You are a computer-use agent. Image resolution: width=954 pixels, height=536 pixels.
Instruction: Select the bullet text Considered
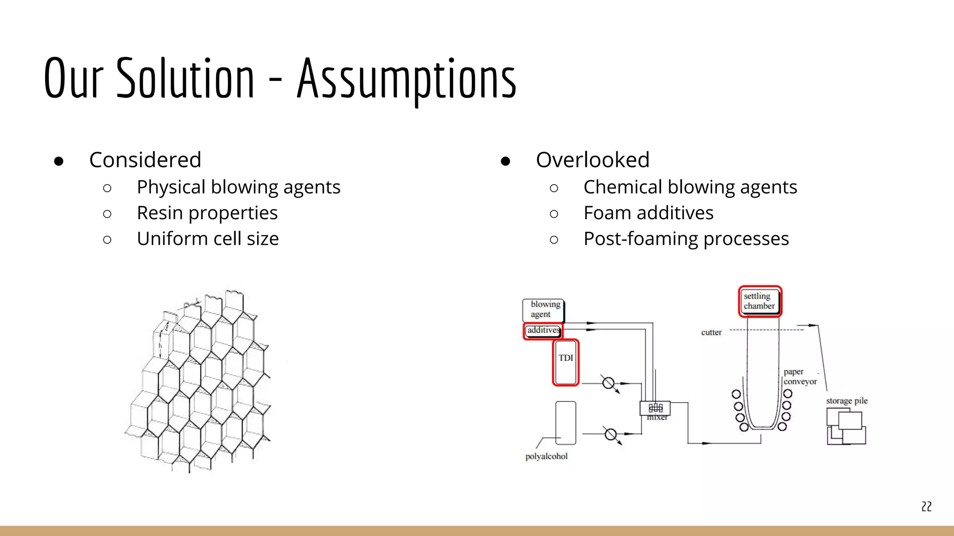point(145,160)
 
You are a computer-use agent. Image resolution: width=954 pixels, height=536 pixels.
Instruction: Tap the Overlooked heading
point(592,160)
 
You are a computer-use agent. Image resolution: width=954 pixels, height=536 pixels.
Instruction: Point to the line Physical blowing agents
point(238,187)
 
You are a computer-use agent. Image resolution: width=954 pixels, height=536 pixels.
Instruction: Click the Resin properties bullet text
point(207,213)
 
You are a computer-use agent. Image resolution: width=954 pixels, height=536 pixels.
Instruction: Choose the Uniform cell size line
point(208,239)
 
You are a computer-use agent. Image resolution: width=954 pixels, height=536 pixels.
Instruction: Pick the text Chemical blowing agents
point(690,187)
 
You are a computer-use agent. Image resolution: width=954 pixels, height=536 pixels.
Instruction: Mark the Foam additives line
point(648,213)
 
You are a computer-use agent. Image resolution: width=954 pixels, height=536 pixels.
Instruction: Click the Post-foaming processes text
point(686,239)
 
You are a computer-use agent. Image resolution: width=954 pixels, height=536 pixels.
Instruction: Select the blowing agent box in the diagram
point(543,310)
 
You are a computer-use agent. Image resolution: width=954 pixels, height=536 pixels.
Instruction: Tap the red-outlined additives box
point(543,330)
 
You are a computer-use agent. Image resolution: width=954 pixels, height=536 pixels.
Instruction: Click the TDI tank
point(566,362)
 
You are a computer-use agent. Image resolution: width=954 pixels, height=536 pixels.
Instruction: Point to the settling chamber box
point(759,301)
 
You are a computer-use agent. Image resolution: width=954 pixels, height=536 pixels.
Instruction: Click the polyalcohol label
point(546,456)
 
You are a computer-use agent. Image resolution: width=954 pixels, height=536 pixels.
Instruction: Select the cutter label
point(711,333)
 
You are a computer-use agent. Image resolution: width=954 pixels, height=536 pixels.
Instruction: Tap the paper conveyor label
point(800,377)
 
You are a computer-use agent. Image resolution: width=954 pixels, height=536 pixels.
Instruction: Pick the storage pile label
point(846,401)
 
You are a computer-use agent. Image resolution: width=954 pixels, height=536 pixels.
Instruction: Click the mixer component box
point(655,408)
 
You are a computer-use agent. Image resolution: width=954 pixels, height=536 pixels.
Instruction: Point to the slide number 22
point(926,507)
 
